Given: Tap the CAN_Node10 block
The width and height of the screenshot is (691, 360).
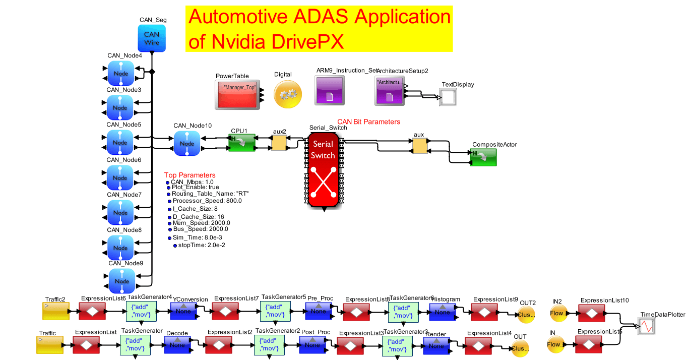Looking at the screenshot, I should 187,143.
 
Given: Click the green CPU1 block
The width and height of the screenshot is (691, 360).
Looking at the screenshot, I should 241,143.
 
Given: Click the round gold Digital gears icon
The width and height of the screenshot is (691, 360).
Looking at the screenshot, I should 288,94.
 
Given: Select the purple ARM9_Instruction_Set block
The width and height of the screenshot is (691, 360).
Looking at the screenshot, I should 330,90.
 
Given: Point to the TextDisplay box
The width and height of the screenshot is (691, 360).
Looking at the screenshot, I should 448,97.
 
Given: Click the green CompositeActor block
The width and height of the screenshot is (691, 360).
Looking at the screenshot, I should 483,157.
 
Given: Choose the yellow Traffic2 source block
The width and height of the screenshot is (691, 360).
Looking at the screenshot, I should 55,311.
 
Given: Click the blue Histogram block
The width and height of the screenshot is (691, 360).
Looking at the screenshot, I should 442,312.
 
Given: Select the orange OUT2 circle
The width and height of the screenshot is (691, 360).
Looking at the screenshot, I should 526,315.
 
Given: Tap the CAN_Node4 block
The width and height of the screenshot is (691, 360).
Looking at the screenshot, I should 121,73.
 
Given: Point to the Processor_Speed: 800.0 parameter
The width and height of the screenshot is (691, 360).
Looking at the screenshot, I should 207,201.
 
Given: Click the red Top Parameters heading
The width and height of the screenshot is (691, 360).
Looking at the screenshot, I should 190,175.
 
